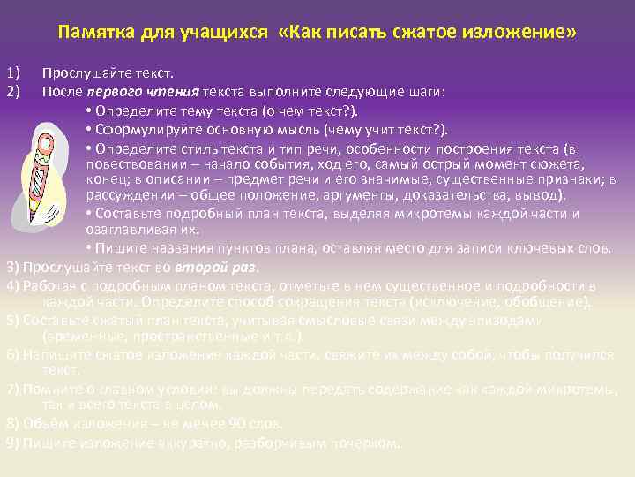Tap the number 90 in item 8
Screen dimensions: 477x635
237,422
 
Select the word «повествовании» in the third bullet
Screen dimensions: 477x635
129,165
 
